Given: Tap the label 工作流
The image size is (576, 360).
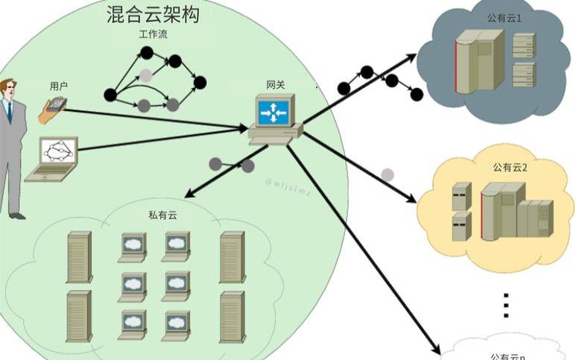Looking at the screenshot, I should pos(154,35).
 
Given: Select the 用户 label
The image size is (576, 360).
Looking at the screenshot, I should pos(59,86).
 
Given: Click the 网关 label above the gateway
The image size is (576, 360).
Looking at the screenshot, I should pos(275,83).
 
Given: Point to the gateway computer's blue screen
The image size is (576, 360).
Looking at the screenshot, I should pos(273,112).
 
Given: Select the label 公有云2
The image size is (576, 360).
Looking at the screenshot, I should pos(510,168).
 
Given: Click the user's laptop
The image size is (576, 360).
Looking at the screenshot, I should pos(52,159).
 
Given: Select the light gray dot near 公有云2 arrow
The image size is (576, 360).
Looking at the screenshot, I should pos(387,174).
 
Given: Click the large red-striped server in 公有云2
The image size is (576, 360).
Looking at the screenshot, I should pos(498,212).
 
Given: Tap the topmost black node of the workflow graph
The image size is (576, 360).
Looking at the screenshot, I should pos(147,52).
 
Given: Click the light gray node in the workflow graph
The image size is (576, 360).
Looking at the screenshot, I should pos(146,75).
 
